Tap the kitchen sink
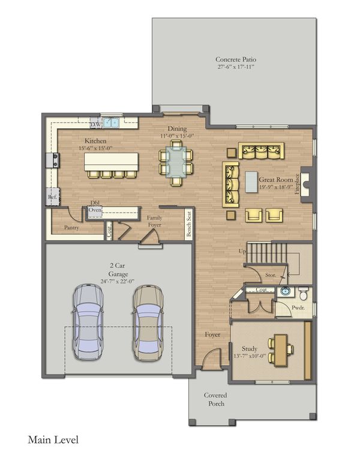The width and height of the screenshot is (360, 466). [111, 123]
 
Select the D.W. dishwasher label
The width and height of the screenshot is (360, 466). [96, 124]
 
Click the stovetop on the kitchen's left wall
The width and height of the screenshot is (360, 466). [53, 160]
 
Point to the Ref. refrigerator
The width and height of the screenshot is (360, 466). [53, 196]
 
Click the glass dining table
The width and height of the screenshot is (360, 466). [176, 162]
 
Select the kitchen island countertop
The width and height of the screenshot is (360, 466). [111, 162]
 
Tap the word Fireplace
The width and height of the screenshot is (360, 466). [297, 184]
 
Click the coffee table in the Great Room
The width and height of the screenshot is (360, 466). [251, 182]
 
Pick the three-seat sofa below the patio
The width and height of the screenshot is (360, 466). [261, 151]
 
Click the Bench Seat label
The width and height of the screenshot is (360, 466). [188, 224]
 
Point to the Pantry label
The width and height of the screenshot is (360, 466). [71, 228]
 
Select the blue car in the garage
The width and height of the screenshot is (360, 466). [88, 321]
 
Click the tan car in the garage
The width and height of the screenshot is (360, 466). [148, 322]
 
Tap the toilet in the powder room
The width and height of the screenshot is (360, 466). [303, 293]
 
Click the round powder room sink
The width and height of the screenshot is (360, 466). [286, 291]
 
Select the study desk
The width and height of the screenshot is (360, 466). [281, 350]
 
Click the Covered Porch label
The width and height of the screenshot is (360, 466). [216, 399]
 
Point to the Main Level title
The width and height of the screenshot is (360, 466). [53, 440]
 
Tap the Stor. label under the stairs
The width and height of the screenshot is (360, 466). [271, 275]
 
